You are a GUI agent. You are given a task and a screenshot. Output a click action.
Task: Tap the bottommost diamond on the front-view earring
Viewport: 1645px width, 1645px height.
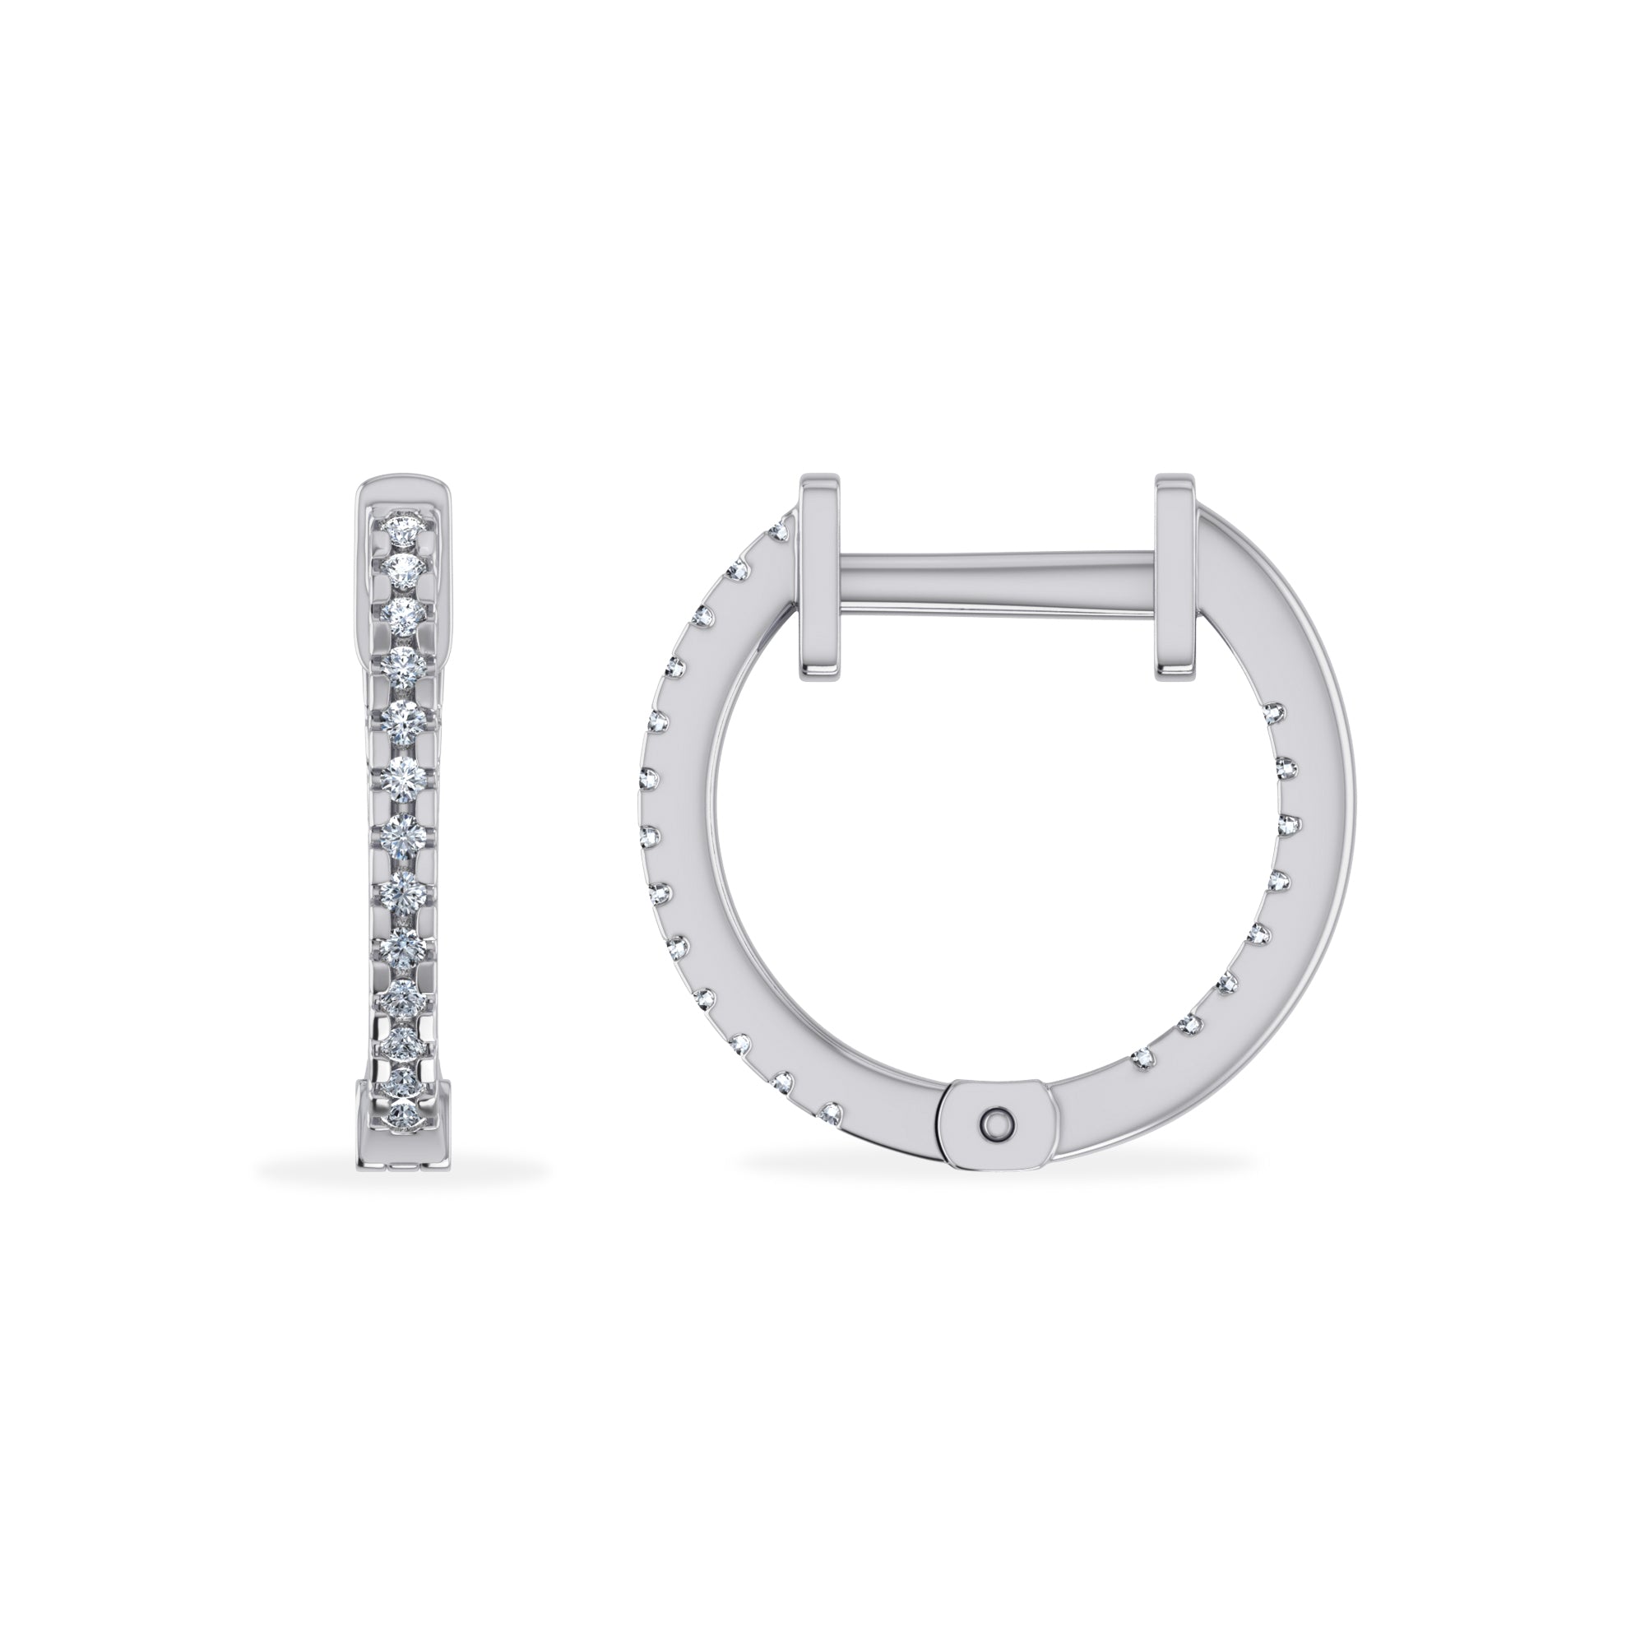pos(401,1114)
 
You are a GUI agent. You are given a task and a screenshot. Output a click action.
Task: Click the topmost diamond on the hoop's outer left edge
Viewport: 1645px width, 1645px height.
pos(776,532)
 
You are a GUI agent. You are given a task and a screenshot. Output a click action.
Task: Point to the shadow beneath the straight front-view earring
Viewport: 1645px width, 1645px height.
pos(401,1171)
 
